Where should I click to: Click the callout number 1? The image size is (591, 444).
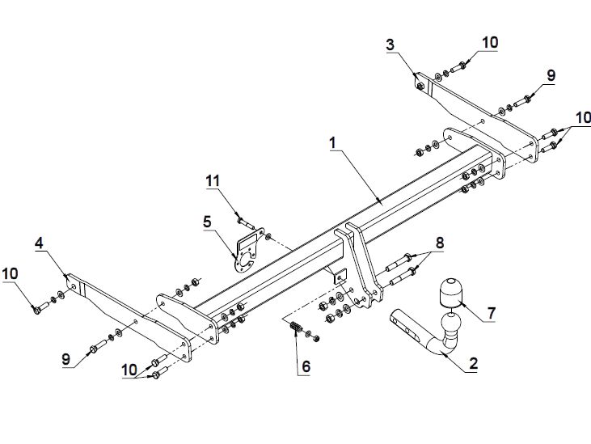click(x=332, y=143)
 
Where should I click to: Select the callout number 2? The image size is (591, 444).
click(x=474, y=363)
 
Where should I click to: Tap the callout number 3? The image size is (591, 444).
click(x=390, y=44)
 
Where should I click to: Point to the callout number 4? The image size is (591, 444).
click(x=39, y=243)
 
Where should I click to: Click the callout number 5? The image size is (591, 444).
click(x=207, y=222)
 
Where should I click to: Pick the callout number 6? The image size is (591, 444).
click(x=306, y=366)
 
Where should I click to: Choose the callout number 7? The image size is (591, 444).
click(x=491, y=313)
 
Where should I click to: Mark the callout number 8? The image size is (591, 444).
click(x=440, y=243)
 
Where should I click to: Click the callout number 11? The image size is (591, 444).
click(x=213, y=180)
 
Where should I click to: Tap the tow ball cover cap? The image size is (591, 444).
click(x=450, y=292)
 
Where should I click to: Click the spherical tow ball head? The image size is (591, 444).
click(x=451, y=322)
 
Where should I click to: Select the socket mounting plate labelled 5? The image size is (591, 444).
click(x=249, y=250)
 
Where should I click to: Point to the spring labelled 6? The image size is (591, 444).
click(x=296, y=327)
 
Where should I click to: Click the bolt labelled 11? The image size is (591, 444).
click(x=245, y=222)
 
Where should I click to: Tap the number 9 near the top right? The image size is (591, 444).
click(x=551, y=75)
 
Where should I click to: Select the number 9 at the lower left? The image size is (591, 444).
click(x=66, y=359)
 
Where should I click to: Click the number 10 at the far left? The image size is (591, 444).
click(x=11, y=274)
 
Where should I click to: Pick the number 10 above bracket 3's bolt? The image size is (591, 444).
click(x=490, y=43)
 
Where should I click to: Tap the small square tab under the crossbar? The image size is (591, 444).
click(x=340, y=277)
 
